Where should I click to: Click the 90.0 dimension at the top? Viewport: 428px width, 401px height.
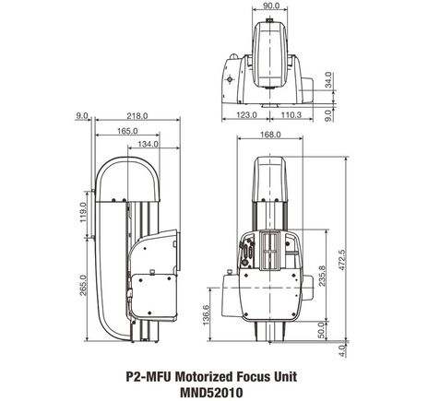(x=269, y=6)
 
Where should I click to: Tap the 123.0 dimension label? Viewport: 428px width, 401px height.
(x=244, y=115)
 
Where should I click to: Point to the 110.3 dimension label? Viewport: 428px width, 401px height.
(x=291, y=115)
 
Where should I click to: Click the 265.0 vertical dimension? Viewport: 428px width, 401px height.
(x=83, y=286)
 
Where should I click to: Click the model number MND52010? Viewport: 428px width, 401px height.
(x=213, y=391)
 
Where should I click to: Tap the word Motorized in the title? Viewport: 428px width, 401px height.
(x=205, y=377)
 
